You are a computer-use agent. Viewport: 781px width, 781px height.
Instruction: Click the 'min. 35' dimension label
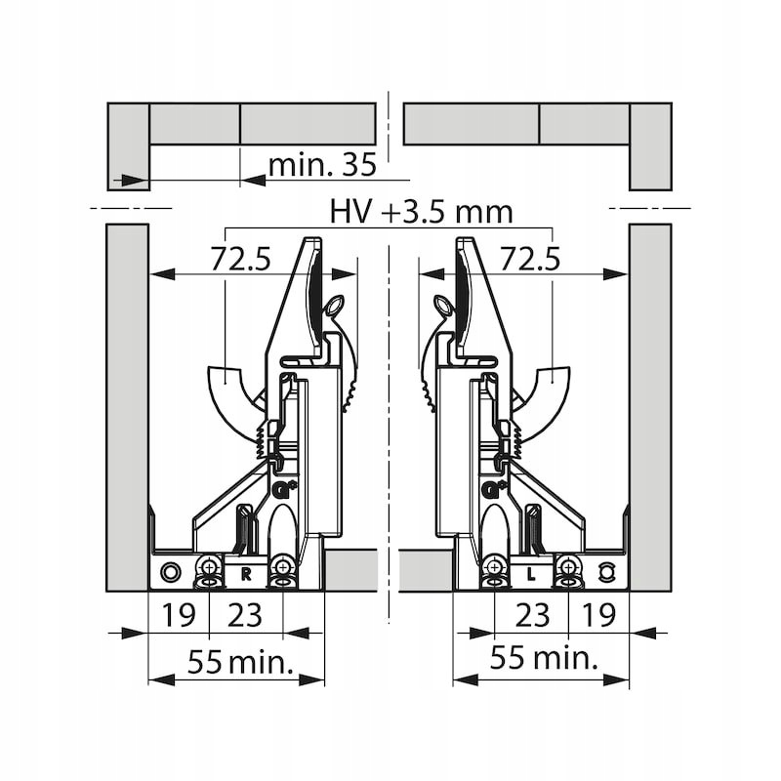pyautogui.click(x=322, y=165)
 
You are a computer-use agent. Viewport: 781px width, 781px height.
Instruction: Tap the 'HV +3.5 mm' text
pyautogui.click(x=422, y=212)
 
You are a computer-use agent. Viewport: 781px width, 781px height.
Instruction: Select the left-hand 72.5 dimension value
pyautogui.click(x=240, y=259)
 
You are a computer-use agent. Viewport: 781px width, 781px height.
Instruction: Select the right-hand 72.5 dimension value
pyautogui.click(x=530, y=259)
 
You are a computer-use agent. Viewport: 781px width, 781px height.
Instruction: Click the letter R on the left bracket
pyautogui.click(x=246, y=575)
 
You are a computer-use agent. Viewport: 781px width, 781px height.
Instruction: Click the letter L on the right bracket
pyautogui.click(x=531, y=575)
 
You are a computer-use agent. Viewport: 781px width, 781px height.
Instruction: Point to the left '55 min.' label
pyautogui.click(x=240, y=662)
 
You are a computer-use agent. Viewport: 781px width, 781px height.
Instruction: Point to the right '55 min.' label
pyautogui.click(x=544, y=657)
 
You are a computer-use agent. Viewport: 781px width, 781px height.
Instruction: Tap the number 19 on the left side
pyautogui.click(x=179, y=615)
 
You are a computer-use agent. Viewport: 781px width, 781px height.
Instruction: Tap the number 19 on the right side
pyautogui.click(x=599, y=615)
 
